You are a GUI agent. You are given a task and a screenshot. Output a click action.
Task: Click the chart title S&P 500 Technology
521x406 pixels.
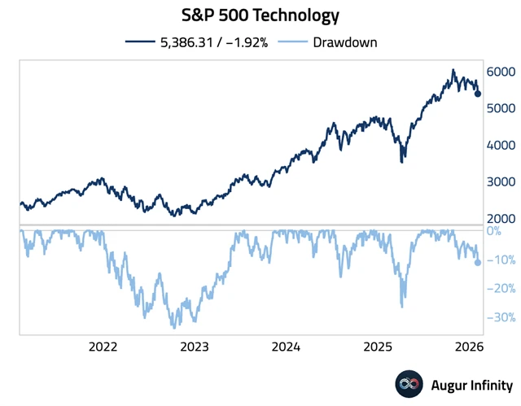point(260,15)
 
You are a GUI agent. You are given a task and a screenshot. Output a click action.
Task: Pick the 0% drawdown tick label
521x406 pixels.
point(494,231)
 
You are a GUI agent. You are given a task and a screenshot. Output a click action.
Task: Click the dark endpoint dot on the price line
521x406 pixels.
point(478,94)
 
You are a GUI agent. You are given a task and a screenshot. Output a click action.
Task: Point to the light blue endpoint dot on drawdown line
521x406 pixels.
point(478,262)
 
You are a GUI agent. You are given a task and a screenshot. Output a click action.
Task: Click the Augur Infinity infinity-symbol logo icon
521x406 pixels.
point(408,383)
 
